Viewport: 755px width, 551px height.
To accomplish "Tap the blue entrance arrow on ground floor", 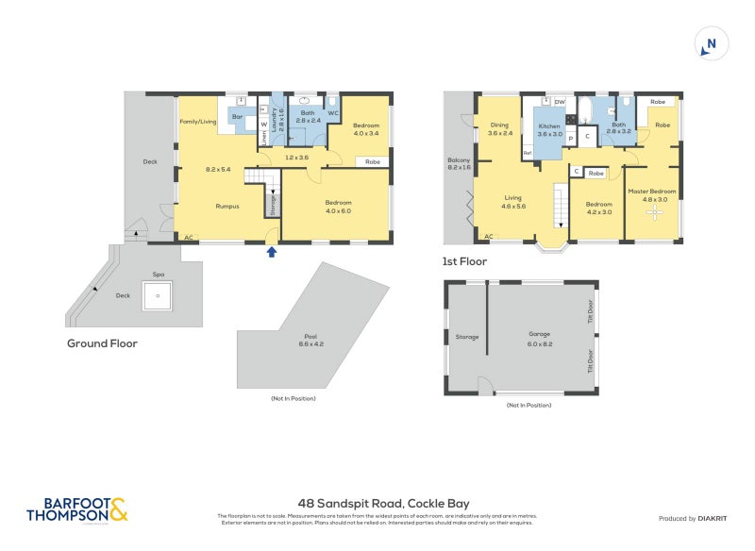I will click(272, 251).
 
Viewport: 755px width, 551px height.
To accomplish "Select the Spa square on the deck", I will click(158, 298).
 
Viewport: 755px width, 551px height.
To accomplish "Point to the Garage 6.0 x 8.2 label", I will click(540, 340).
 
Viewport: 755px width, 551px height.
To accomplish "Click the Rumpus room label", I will click(226, 206).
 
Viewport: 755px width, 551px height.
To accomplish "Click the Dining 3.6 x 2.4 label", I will click(500, 129).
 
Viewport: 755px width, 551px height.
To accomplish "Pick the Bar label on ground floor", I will click(238, 121).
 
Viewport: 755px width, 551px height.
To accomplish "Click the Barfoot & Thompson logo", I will click(76, 510).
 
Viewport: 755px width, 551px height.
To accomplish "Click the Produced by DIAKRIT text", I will click(693, 519).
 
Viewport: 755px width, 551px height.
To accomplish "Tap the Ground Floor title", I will click(102, 343).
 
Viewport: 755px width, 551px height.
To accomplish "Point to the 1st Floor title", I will click(465, 261).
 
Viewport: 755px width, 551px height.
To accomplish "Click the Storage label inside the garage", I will click(467, 337).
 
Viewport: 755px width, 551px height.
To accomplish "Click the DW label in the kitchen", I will click(560, 101).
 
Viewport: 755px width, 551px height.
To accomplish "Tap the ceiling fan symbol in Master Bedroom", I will click(654, 212).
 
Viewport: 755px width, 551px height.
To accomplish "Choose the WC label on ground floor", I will click(333, 114).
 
